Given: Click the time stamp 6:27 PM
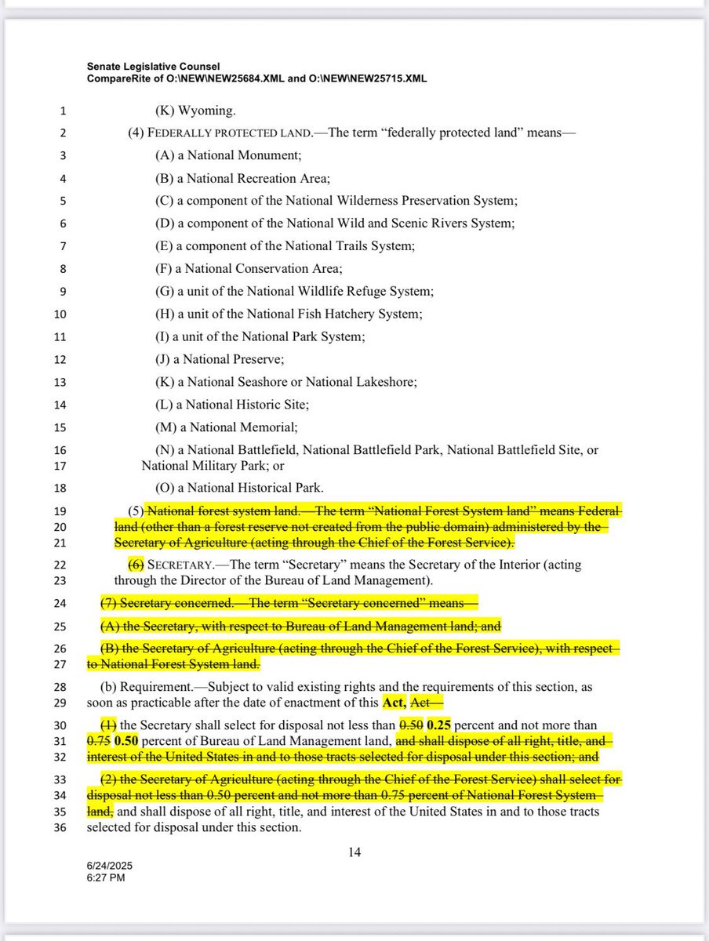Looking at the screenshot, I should tap(105, 878).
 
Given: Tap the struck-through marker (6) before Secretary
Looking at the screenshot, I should tap(136, 565).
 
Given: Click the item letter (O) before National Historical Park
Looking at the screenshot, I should tap(165, 487).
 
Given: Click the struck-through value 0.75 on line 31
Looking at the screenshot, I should tap(98, 741).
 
